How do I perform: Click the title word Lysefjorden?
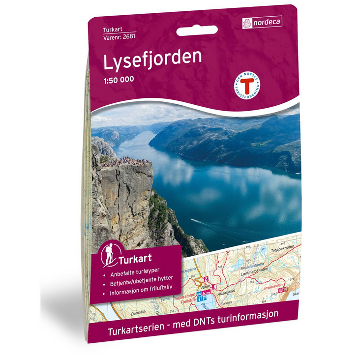click(152, 59)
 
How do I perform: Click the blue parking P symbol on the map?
click(204, 299)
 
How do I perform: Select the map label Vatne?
click(203, 285)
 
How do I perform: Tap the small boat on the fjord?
click(194, 220)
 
